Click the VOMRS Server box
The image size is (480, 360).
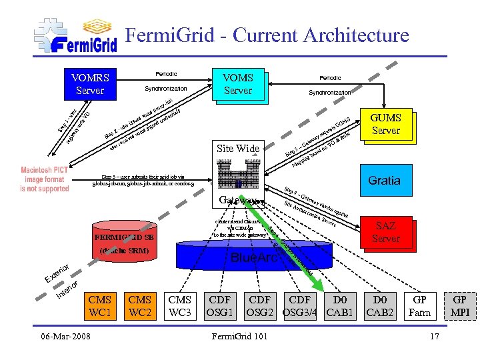click(x=90, y=83)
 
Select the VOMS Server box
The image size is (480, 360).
click(x=237, y=84)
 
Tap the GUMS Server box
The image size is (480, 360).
click(x=385, y=124)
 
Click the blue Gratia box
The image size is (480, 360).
click(x=384, y=181)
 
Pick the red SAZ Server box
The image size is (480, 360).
click(x=385, y=233)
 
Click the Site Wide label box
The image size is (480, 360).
click(x=238, y=148)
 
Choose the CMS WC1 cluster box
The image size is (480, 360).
click(x=100, y=306)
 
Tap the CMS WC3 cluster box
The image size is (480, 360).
click(x=180, y=306)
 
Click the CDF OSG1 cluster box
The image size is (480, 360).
click(x=220, y=306)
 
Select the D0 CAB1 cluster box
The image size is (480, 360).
click(x=340, y=306)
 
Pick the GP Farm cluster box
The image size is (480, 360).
click(x=420, y=306)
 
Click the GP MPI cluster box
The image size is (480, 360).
click(x=460, y=306)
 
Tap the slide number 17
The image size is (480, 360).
click(x=435, y=336)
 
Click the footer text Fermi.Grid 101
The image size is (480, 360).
click(x=239, y=336)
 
